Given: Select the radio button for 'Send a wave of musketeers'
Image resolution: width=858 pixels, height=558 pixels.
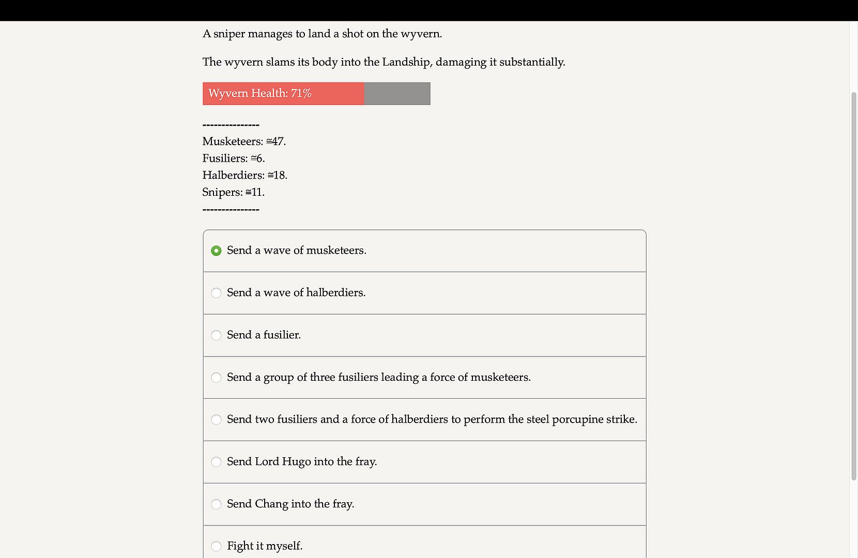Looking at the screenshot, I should [216, 251].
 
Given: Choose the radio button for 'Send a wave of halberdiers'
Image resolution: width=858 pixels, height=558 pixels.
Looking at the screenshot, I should [216, 293].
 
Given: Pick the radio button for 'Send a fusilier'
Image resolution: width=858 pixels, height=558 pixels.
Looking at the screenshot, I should [216, 335].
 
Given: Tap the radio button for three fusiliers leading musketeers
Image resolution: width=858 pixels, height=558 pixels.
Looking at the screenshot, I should [216, 378].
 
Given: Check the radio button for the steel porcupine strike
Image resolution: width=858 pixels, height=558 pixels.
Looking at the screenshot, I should [216, 420].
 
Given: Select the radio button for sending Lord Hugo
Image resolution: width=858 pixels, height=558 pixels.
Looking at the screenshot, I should [216, 462].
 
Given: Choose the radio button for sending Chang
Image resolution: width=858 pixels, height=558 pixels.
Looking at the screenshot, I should [216, 504].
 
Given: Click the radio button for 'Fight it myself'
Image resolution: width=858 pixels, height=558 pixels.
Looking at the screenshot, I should [216, 546].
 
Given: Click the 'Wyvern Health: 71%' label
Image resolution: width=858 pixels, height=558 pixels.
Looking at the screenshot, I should [259, 94].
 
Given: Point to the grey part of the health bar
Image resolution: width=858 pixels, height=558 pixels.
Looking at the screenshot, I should [397, 94].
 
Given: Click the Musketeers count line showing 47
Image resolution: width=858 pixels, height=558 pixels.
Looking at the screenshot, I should [244, 142].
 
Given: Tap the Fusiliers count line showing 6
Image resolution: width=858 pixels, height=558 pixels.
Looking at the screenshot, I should [234, 159].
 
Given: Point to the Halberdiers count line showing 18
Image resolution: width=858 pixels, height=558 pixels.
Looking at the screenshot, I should [244, 176].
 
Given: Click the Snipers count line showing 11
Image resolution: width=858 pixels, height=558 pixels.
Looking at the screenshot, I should [233, 192].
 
